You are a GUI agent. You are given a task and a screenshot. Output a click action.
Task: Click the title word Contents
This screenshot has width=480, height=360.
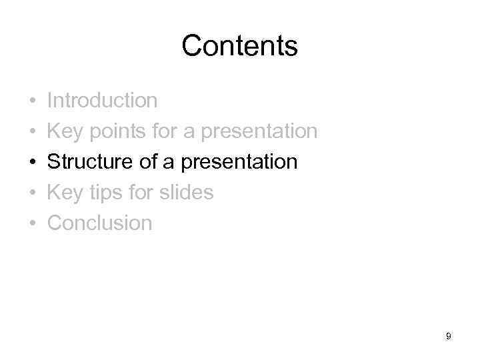pyautogui.click(x=239, y=46)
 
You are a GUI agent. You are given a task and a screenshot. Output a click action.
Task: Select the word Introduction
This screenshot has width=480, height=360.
pyautogui.click(x=103, y=101)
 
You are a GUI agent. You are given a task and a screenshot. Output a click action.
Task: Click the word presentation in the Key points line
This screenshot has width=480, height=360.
pyautogui.click(x=259, y=132)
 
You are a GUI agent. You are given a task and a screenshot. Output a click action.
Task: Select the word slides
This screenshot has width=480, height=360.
pyautogui.click(x=186, y=193)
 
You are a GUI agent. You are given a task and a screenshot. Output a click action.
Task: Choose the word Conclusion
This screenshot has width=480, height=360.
pyautogui.click(x=100, y=223)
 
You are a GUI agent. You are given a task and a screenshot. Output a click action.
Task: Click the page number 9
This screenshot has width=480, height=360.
pyautogui.click(x=449, y=337)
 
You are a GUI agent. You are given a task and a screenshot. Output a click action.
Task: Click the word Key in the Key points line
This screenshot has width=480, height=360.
pyautogui.click(x=65, y=132)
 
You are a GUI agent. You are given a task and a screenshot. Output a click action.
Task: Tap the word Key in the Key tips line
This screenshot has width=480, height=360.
pyautogui.click(x=65, y=193)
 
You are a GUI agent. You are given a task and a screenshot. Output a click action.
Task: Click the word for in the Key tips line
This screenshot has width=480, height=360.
pyautogui.click(x=142, y=193)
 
